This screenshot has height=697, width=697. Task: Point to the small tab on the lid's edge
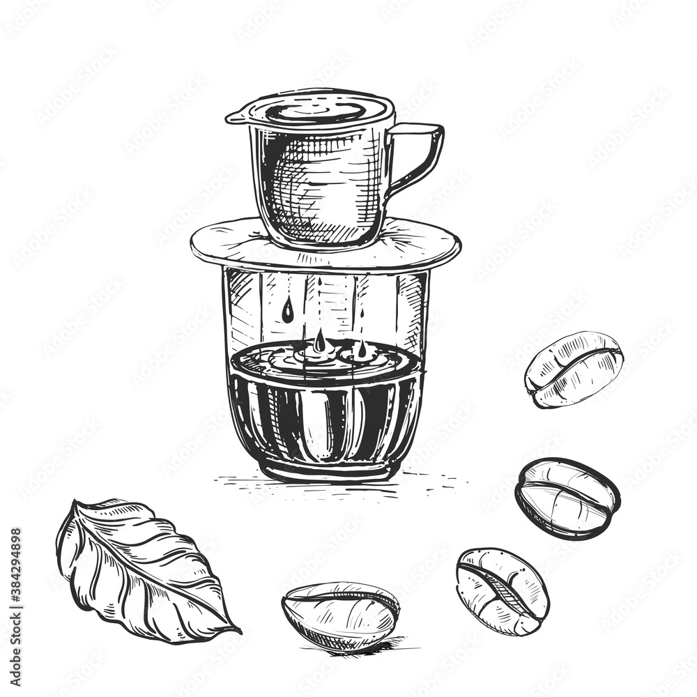[x=233, y=118]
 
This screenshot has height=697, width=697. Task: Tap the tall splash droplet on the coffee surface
[x=319, y=342]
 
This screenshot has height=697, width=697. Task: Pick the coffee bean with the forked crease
[x=502, y=591]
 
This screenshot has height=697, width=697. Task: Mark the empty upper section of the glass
[x=390, y=307]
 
